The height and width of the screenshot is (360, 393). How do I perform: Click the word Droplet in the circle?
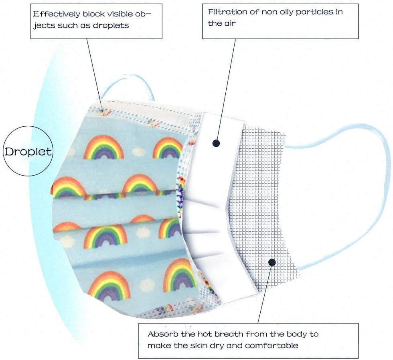point(28,152)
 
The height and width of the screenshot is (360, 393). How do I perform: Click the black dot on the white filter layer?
point(216,143)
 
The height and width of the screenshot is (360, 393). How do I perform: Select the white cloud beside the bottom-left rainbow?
point(147,285)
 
